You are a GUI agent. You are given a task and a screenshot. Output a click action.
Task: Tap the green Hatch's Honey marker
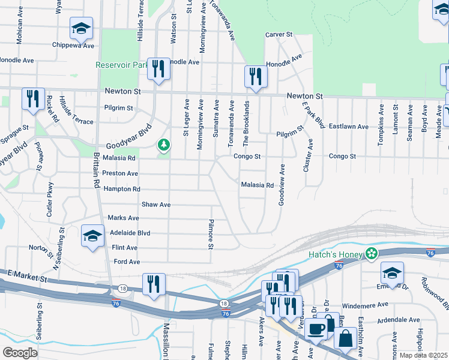372,254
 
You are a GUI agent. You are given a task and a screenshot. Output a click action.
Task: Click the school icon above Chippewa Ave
81,28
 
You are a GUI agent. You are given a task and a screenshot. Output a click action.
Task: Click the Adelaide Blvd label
130,233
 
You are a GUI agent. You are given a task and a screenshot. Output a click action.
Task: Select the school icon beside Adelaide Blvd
92,237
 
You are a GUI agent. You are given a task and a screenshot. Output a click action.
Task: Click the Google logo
20,352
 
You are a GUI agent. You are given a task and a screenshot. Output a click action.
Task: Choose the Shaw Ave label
156,205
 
